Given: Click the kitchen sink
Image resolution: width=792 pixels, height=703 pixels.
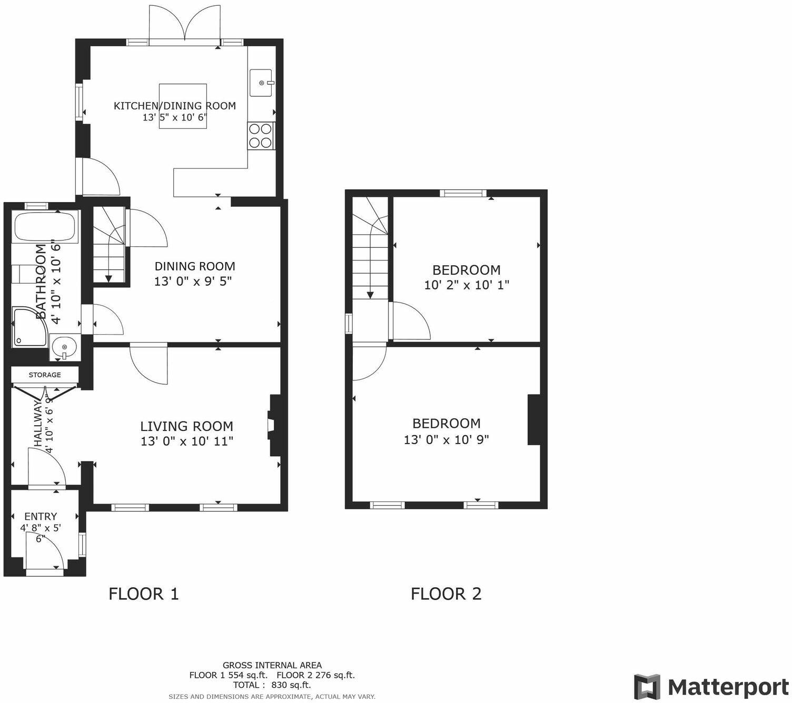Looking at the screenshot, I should pyautogui.click(x=261, y=83).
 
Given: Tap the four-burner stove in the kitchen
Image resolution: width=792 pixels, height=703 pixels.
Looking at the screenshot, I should pyautogui.click(x=260, y=136).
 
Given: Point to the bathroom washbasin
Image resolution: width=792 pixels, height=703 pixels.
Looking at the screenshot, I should pyautogui.click(x=64, y=348).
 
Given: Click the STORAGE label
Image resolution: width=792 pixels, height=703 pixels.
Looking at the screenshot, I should pyautogui.click(x=45, y=375).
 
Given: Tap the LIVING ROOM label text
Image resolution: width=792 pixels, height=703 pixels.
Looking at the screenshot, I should pyautogui.click(x=186, y=426).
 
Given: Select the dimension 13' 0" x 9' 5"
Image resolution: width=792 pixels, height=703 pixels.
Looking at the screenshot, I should pyautogui.click(x=193, y=282).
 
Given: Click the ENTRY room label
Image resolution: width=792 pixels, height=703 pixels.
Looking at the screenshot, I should pyautogui.click(x=41, y=517).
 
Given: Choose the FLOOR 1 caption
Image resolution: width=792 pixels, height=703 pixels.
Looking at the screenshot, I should pyautogui.click(x=144, y=594).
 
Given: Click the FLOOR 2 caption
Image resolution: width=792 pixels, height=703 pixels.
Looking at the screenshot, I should pyautogui.click(x=446, y=594).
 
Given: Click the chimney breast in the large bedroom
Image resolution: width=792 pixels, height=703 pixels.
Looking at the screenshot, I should pyautogui.click(x=533, y=420).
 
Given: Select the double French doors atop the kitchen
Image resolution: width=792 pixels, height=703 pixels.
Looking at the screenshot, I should pyautogui.click(x=184, y=24).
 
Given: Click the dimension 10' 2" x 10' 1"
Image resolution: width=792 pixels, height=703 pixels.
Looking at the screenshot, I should pyautogui.click(x=467, y=285).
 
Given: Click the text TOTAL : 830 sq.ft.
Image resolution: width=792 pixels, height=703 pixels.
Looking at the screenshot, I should pyautogui.click(x=272, y=685).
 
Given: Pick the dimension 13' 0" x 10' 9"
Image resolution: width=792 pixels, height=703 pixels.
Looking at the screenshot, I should pyautogui.click(x=446, y=439).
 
